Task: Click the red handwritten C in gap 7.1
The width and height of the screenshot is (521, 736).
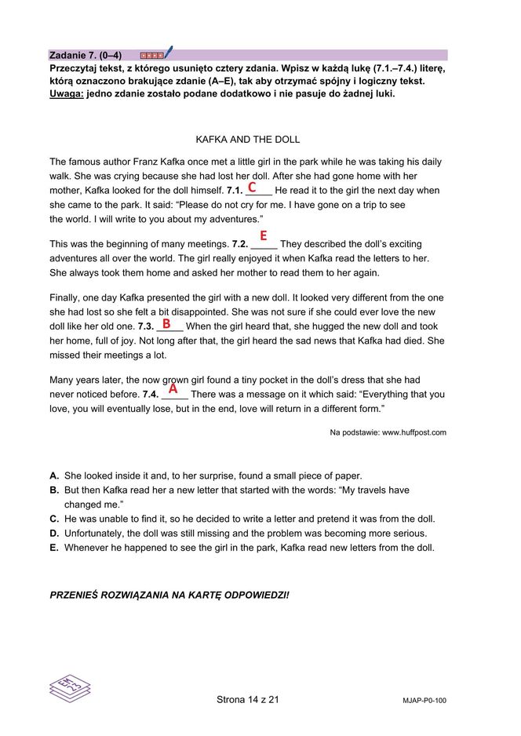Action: pyautogui.click(x=252, y=188)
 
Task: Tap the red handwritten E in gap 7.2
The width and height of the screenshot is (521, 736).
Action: pyautogui.click(x=264, y=235)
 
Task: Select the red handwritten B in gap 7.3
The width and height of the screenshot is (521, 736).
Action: pyautogui.click(x=166, y=323)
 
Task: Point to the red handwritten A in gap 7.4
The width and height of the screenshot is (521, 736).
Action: pyautogui.click(x=173, y=388)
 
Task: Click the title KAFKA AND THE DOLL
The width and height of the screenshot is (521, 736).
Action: pyautogui.click(x=247, y=140)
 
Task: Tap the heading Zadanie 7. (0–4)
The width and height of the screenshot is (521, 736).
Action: pyautogui.click(x=86, y=55)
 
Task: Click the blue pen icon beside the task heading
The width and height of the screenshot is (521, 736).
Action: pyautogui.click(x=168, y=53)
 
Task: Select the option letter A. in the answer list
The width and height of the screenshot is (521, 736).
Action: pyautogui.click(x=54, y=475)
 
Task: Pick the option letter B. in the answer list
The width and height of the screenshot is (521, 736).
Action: pyautogui.click(x=54, y=490)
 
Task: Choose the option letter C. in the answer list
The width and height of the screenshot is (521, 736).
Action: pyautogui.click(x=54, y=519)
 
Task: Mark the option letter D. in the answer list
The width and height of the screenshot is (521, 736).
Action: pyautogui.click(x=54, y=534)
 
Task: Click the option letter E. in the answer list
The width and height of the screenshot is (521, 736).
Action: pyautogui.click(x=54, y=548)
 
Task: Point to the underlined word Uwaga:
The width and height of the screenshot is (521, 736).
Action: pyautogui.click(x=66, y=93)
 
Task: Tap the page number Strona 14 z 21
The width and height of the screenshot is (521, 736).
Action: pyautogui.click(x=247, y=699)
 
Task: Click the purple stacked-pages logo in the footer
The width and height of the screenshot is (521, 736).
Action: pyautogui.click(x=69, y=687)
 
